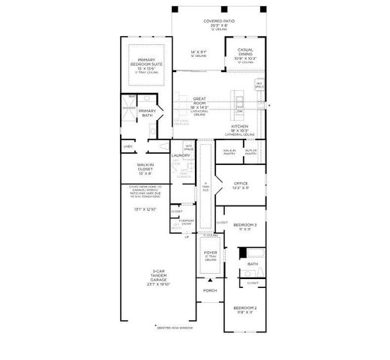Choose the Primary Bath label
[147, 113]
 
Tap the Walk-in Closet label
[144, 167]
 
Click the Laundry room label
[181, 155]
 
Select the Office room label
[241, 184]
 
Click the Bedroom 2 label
[244, 309]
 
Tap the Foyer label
[211, 254]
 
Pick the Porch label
[210, 291]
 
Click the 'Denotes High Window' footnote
[175, 328]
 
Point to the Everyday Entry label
[187, 221]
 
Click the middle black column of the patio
[218, 8]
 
